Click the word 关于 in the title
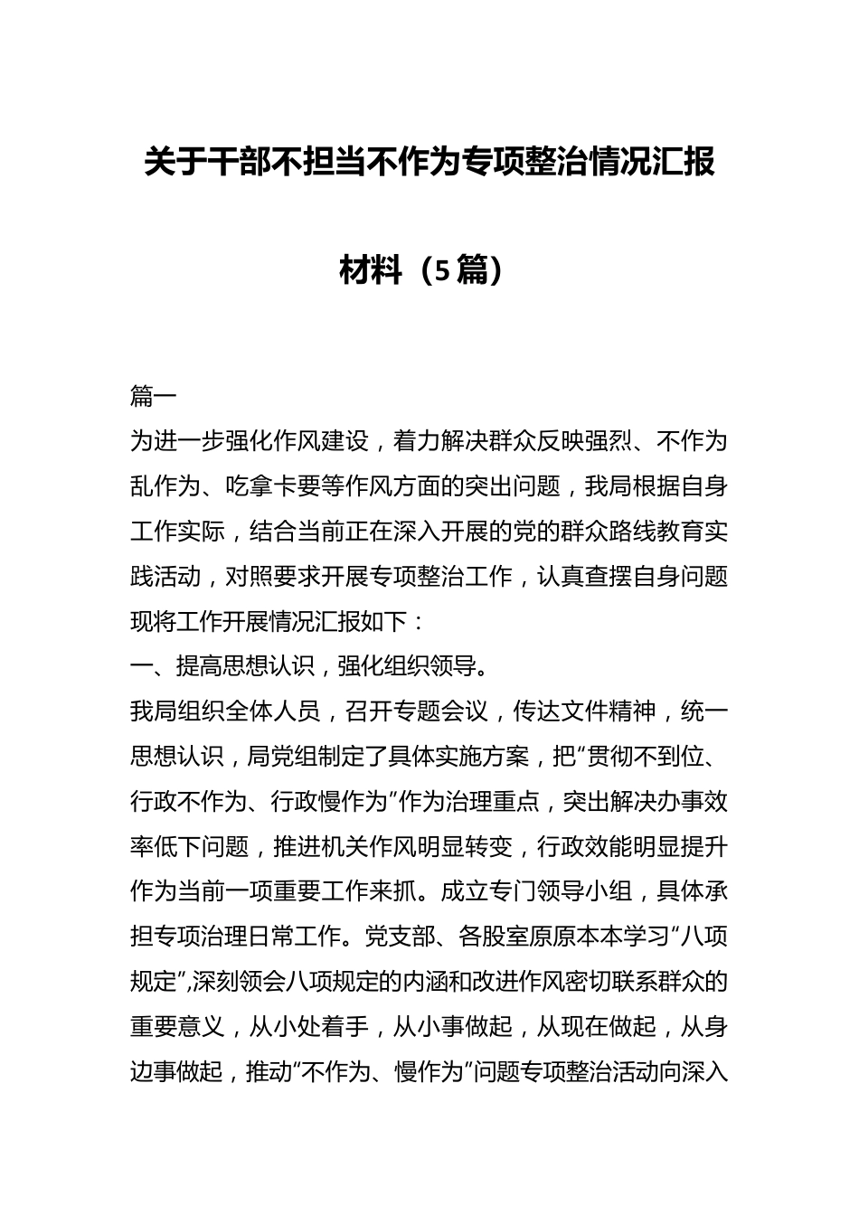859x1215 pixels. pos(175,164)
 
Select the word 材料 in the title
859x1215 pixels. pos(371,269)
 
